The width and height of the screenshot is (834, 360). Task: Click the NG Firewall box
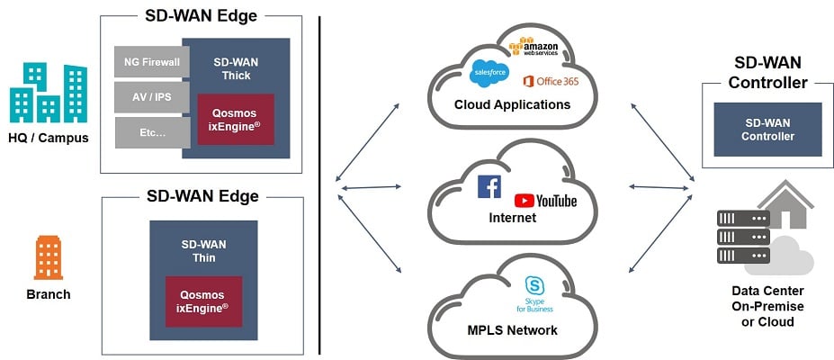(x=148, y=62)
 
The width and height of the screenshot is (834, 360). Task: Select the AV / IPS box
(x=148, y=97)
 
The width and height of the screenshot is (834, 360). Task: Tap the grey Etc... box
(x=148, y=132)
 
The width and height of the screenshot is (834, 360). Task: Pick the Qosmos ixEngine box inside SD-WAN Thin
(x=202, y=301)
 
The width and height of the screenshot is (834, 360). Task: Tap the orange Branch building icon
(x=48, y=257)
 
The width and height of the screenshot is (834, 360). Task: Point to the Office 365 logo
(x=551, y=81)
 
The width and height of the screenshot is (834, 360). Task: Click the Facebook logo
(x=489, y=187)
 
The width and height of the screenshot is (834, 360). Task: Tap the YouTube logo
(x=545, y=200)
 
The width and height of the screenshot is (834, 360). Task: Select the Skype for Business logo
(x=534, y=293)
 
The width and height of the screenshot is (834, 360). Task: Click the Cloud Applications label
(x=512, y=104)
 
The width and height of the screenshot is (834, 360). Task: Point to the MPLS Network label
(x=512, y=329)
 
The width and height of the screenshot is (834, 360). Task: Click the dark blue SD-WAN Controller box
(x=767, y=129)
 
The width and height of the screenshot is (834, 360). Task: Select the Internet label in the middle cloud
(x=511, y=218)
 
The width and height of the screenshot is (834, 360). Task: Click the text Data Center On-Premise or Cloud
(x=767, y=306)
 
